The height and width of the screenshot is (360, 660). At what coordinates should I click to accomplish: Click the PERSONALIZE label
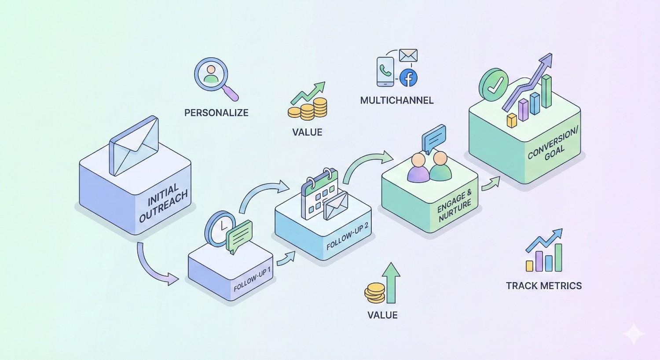tap(216, 113)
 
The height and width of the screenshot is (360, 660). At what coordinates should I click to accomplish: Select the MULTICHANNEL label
tap(396, 100)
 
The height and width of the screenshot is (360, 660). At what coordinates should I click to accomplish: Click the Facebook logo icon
tap(408, 78)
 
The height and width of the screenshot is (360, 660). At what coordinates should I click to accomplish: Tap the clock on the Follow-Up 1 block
tap(220, 229)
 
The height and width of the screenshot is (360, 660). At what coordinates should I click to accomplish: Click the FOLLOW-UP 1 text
tap(253, 278)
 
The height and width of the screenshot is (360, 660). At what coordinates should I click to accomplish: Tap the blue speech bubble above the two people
tap(434, 137)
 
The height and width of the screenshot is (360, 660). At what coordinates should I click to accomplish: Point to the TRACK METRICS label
tap(544, 286)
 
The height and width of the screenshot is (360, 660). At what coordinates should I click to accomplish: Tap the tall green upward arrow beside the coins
tap(391, 282)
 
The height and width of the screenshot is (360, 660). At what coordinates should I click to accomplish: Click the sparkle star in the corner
tap(634, 334)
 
